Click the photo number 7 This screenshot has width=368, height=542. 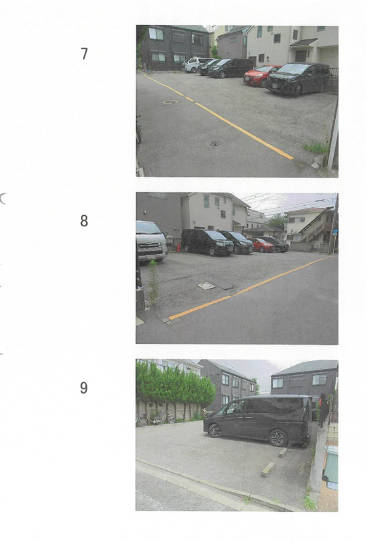84,54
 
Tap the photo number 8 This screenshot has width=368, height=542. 84,221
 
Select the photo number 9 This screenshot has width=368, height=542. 84,388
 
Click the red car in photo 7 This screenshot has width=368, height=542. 261,75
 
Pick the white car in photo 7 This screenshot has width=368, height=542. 195,64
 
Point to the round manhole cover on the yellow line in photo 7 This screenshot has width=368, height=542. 170,102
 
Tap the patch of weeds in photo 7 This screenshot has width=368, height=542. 315,147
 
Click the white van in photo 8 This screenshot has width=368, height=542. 151,241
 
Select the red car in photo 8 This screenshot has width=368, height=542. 262,245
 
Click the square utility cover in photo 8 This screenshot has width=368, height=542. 206,286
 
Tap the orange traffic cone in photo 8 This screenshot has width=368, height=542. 179,247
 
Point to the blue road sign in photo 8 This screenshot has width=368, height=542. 335,233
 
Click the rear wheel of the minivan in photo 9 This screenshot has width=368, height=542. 278,437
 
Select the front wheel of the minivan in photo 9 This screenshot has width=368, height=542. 215,431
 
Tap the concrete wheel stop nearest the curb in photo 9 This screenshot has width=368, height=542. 268,470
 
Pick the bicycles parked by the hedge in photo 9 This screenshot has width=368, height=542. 155,419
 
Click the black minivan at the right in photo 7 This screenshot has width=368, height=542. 298,79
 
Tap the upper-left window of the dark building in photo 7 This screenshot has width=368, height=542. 156,34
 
